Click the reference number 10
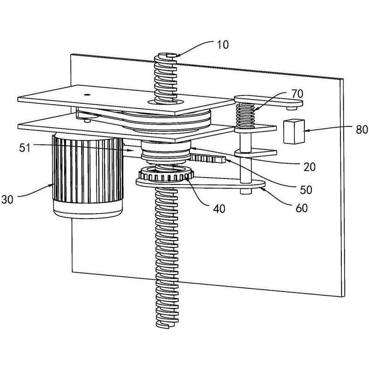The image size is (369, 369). (x=223, y=45)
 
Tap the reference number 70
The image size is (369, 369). (x=297, y=94)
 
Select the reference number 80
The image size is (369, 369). (x=362, y=130)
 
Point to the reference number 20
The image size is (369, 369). (x=309, y=167)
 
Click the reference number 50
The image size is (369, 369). (x=306, y=190)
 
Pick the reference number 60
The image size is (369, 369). (x=302, y=208)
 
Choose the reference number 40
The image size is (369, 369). (x=219, y=208)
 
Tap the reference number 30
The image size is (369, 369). (x=7, y=200)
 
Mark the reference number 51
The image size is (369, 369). (x=25, y=148)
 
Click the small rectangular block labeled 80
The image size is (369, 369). (x=294, y=132)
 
